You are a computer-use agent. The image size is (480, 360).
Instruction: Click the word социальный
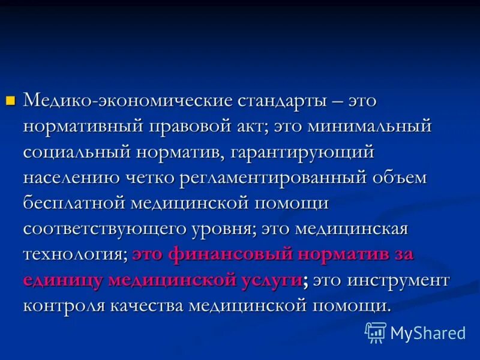[77, 153]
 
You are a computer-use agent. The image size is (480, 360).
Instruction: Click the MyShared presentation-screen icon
[375, 332]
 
